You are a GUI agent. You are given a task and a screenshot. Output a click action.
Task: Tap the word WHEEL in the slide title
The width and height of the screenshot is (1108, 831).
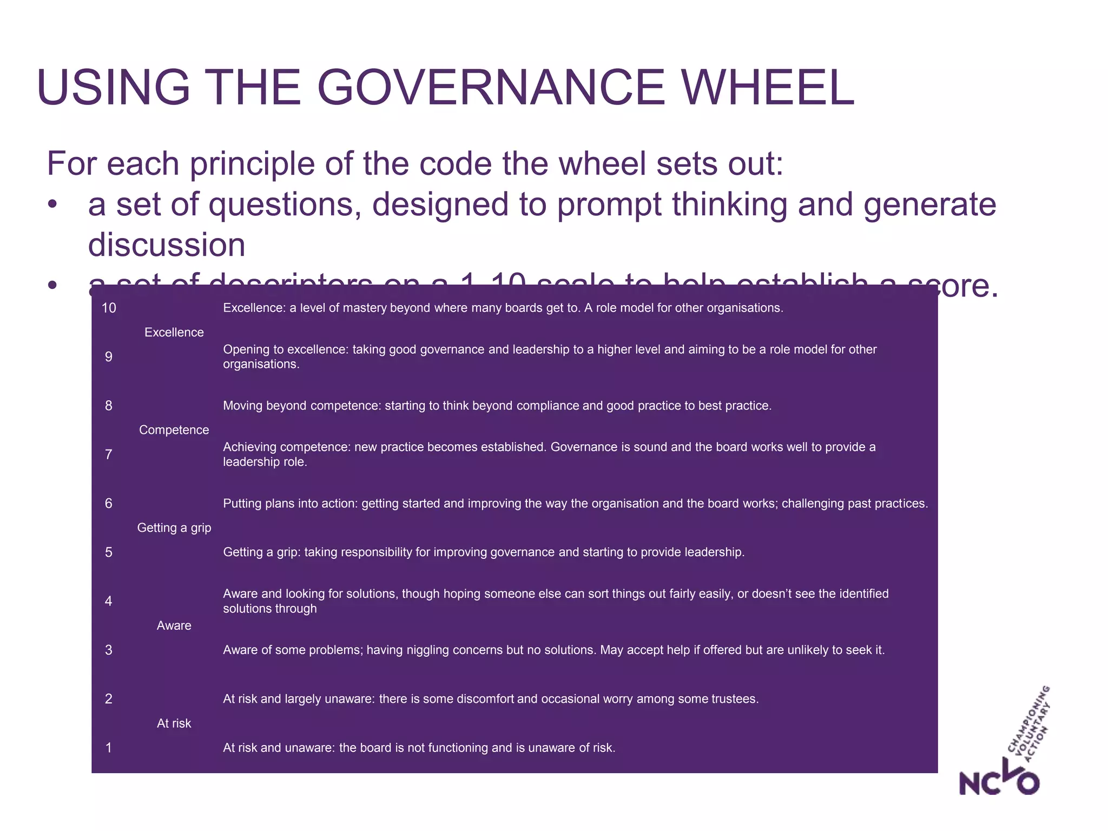pos(768,88)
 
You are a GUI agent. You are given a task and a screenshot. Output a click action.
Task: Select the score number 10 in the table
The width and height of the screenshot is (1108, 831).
pos(109,308)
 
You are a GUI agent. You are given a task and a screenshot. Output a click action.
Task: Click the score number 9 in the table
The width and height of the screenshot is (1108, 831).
pos(109,357)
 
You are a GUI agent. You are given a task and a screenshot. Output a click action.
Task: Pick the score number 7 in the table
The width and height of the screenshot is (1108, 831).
pos(109,454)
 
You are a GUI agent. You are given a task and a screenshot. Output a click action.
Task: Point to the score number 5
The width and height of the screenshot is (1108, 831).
pos(109,552)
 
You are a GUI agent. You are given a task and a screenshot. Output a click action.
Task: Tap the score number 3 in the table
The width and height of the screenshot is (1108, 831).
pos(109,650)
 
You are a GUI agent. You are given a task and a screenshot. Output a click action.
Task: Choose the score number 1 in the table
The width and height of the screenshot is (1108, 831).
pos(109,748)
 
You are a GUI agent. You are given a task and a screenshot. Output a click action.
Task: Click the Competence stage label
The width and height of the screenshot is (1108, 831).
pos(174,430)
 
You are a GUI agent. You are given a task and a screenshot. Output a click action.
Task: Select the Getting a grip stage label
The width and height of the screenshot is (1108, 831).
pos(174,527)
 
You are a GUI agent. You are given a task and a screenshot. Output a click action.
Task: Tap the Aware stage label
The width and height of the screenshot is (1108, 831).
pos(174,625)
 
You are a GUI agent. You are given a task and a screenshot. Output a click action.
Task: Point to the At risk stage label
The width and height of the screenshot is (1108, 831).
pos(174,723)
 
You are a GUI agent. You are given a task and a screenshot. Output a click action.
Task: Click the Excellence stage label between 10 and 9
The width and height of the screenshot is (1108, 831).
pos(174,332)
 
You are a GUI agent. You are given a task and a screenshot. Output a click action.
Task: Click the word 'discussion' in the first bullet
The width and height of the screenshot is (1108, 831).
pos(167,245)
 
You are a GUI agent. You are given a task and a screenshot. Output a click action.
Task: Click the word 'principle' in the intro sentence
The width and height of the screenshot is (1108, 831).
pos(252,163)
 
